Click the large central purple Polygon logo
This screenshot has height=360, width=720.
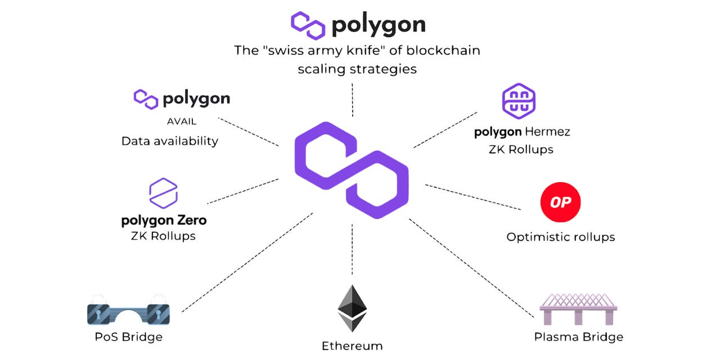pyautogui.click(x=352, y=169)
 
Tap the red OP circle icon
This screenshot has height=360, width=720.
pyautogui.click(x=560, y=202)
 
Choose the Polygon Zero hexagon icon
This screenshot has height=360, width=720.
pyautogui.click(x=163, y=192)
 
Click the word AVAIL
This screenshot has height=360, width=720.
pyautogui.click(x=182, y=121)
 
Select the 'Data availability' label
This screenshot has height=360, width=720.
pyautogui.click(x=169, y=141)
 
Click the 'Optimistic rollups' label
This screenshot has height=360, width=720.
pyautogui.click(x=560, y=237)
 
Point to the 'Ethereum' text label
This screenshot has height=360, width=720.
pyautogui.click(x=352, y=345)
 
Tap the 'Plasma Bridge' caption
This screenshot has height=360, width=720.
pyautogui.click(x=578, y=337)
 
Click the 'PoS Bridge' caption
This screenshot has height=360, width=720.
pyautogui.click(x=128, y=337)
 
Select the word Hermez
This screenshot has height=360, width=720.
pyautogui.click(x=547, y=132)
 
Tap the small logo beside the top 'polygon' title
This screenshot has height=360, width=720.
pyautogui.click(x=308, y=25)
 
